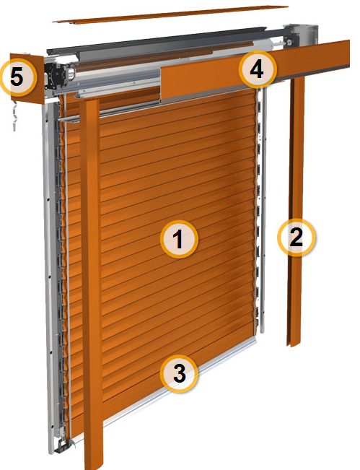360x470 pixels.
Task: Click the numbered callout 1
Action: click(179, 239)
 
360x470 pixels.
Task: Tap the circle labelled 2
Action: click(297, 238)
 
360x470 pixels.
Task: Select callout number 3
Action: click(179, 373)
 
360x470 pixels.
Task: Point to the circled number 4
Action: click(258, 69)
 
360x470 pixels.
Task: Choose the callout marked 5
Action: click(17, 78)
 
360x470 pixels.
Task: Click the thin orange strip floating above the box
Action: click(170, 14)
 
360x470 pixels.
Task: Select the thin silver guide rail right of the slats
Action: click(263, 210)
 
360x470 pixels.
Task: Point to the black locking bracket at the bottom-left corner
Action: click(63, 445)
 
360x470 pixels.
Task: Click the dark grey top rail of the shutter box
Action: click(156, 39)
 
